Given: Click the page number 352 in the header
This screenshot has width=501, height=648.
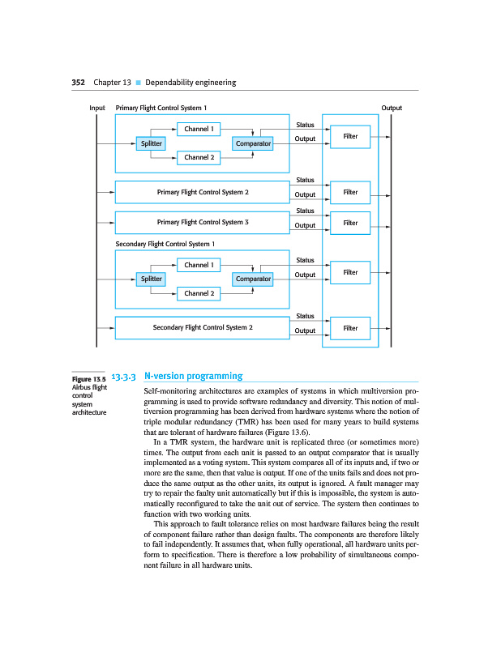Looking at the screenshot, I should click(79, 82).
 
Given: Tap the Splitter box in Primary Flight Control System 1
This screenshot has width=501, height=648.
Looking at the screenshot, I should click(152, 143).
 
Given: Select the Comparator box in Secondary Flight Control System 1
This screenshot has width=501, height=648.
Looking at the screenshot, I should click(253, 279).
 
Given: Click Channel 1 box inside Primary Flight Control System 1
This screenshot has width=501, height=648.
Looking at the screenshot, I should click(199, 129).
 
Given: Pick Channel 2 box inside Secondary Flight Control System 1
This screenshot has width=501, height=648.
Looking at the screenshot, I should click(199, 293).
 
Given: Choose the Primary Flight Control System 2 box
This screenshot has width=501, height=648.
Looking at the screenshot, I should click(202, 192).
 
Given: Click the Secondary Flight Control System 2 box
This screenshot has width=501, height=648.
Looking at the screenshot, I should click(202, 327).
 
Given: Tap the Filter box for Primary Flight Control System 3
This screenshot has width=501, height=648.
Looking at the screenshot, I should click(350, 222).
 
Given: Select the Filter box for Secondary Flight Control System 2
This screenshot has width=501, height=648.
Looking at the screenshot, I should click(350, 328).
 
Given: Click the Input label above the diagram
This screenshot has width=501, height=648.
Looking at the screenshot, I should click(97, 108).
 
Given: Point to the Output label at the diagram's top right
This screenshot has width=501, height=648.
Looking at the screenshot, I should click(392, 108).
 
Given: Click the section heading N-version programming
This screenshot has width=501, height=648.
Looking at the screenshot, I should click(193, 376).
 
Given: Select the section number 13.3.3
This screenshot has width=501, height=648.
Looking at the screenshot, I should click(123, 377).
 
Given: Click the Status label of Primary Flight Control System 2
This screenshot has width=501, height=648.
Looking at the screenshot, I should click(305, 180).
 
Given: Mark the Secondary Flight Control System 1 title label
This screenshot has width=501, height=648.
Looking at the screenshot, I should click(165, 243).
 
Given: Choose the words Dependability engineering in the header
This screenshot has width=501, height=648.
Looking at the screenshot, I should click(191, 82).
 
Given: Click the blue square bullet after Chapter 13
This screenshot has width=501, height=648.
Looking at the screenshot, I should click(139, 83).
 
